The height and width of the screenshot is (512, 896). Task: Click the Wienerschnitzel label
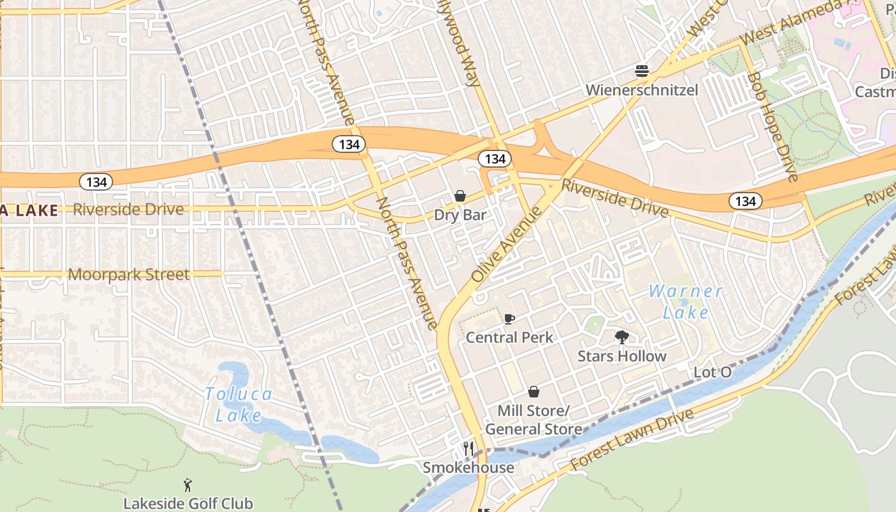642,90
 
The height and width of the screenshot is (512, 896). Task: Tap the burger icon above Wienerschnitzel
642,70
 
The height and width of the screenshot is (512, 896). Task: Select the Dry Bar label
460,215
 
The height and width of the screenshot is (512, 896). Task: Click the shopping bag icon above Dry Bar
460,196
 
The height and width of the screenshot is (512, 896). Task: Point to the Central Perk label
509,337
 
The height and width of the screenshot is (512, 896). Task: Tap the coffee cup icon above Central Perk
509,318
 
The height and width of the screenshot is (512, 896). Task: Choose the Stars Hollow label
622,356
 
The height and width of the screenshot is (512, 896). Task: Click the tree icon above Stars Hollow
621,337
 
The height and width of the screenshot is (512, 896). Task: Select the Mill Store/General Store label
534,420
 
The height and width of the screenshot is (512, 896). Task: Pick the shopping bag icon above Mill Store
534,392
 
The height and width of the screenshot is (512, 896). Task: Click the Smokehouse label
468,468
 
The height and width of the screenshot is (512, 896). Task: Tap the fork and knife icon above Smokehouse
468,449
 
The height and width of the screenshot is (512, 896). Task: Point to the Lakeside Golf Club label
188,504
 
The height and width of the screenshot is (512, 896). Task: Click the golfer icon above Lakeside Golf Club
188,485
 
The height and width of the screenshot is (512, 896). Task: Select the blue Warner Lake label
685,301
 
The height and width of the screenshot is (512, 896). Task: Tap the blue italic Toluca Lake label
239,404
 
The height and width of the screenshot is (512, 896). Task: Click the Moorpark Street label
129,275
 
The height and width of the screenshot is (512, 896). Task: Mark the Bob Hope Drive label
773,127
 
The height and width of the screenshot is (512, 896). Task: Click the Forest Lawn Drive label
632,439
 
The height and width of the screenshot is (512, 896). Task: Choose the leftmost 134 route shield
97,182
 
